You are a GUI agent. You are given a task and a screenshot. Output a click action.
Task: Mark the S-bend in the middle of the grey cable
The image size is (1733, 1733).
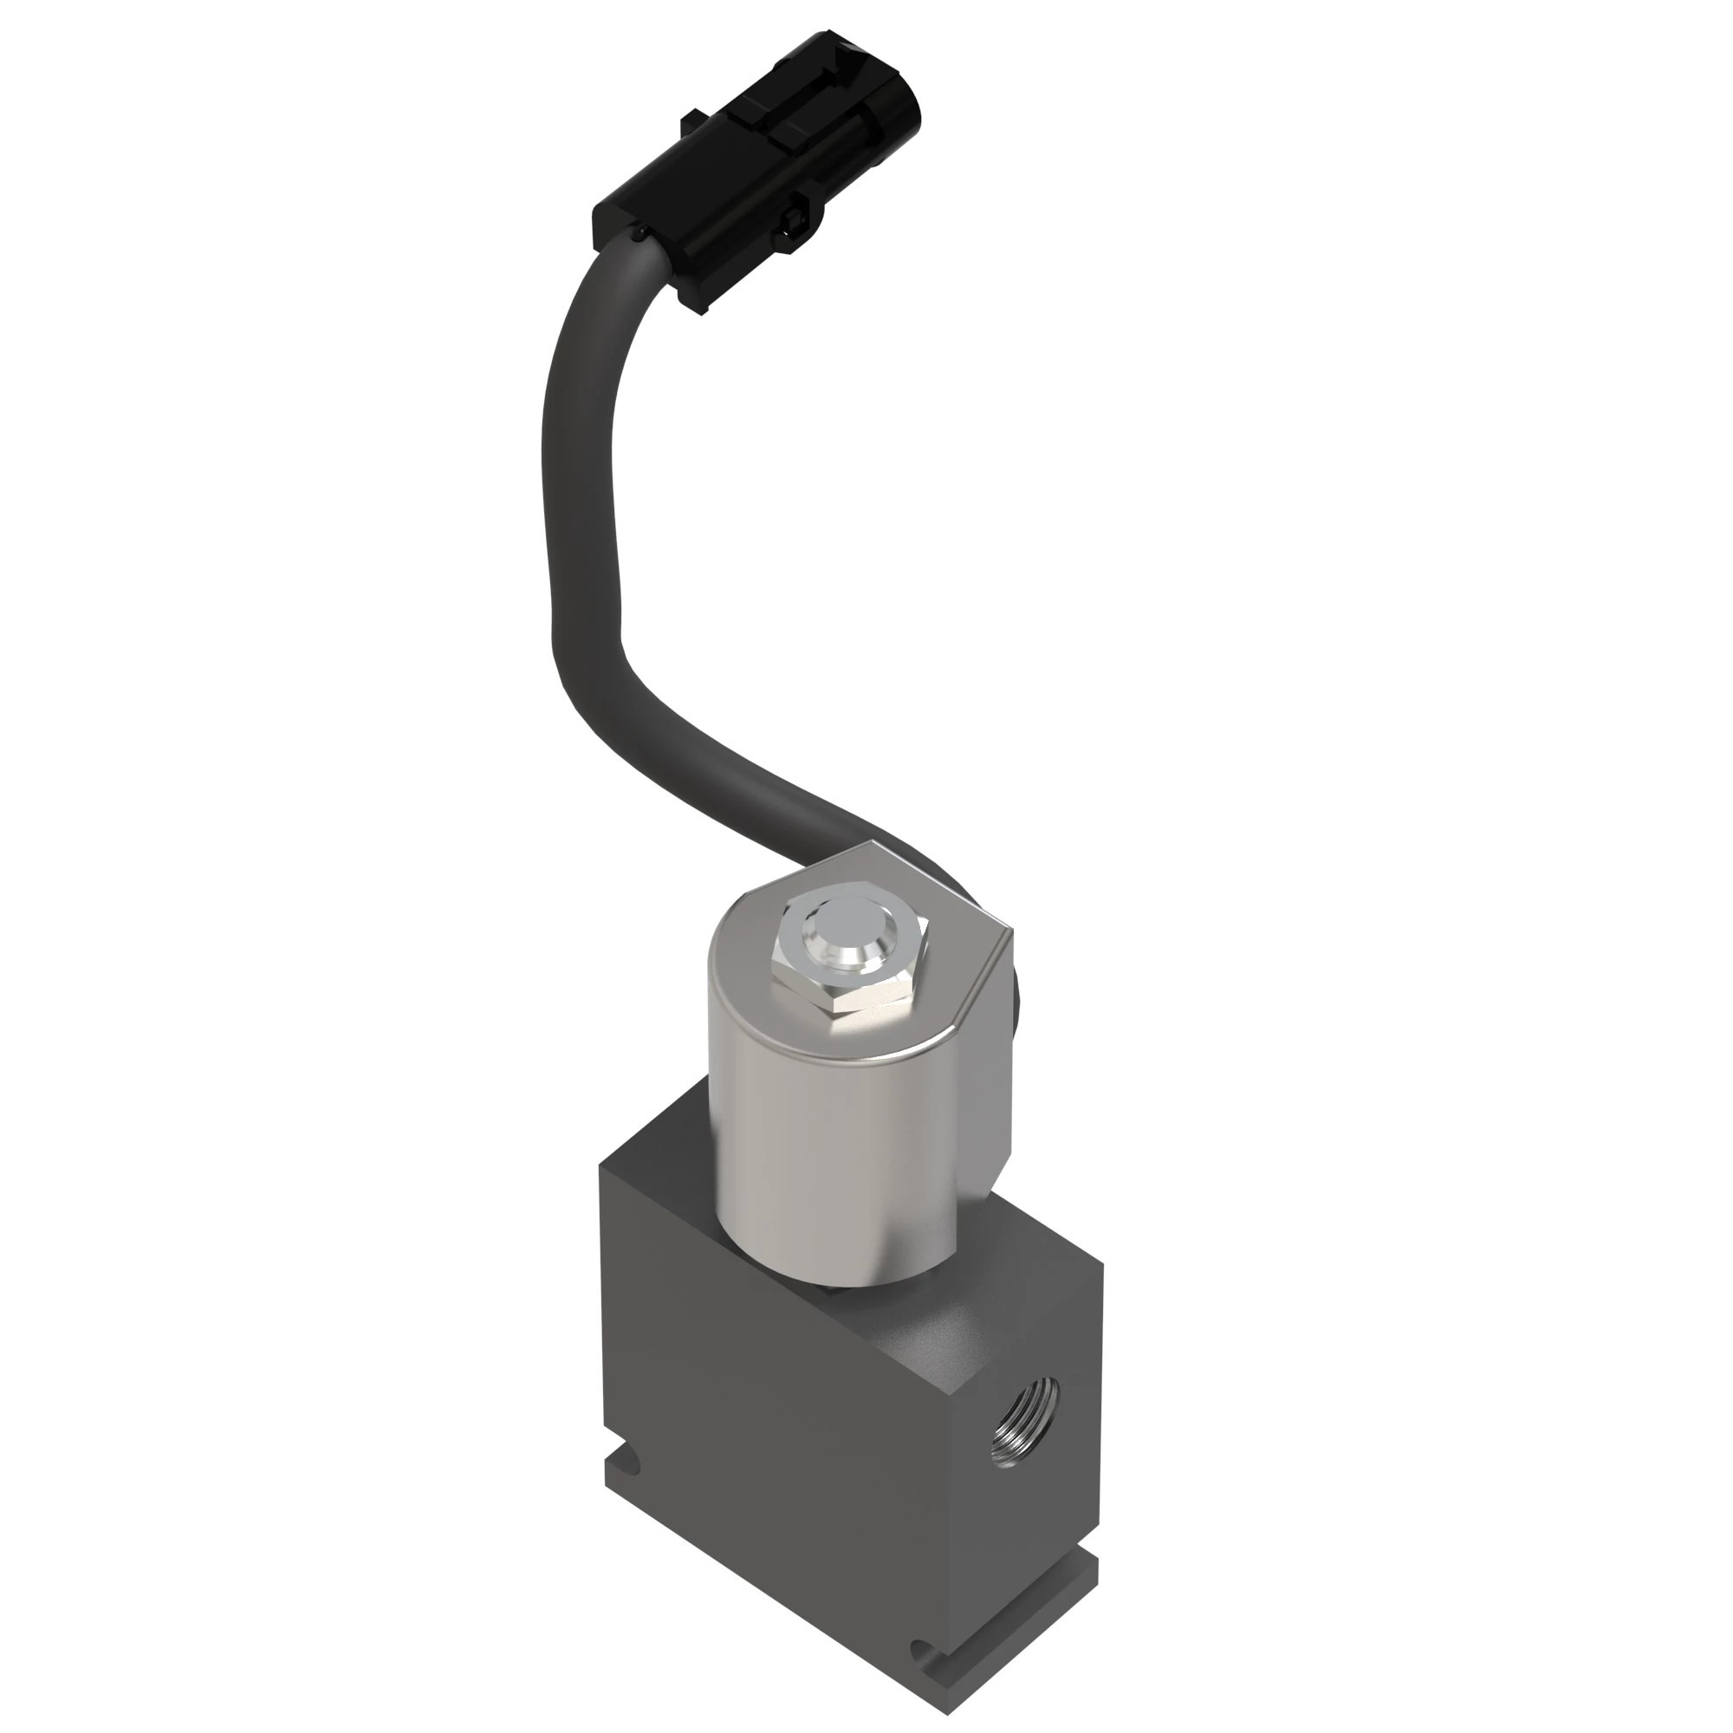click(x=583, y=619)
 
